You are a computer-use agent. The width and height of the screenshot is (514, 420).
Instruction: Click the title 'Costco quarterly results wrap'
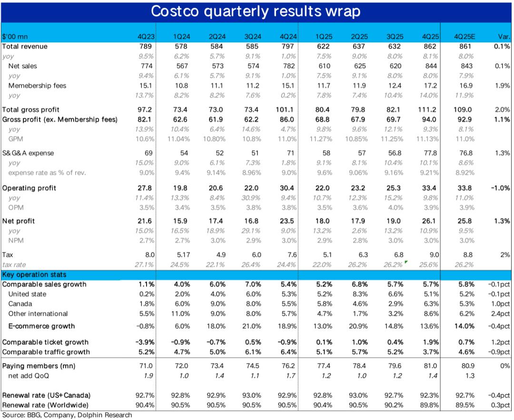257,11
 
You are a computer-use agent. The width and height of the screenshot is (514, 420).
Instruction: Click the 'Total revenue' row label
25,46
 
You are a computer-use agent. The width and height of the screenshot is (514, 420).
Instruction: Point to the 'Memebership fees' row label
37,86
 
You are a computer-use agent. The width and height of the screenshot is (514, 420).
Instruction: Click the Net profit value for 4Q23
144,221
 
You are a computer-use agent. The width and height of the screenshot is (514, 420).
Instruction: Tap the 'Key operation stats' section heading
34,275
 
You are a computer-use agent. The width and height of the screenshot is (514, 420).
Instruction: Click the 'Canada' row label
20,304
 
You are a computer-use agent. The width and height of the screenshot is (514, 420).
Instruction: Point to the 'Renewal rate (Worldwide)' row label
46,405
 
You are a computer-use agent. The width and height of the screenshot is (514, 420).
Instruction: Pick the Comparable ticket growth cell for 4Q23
143,342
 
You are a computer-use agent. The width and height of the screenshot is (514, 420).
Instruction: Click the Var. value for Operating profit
500,188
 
